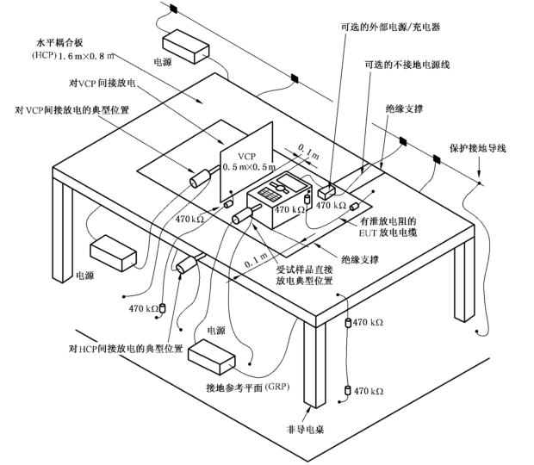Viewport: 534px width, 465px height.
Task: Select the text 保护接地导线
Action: pyautogui.click(x=477, y=148)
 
